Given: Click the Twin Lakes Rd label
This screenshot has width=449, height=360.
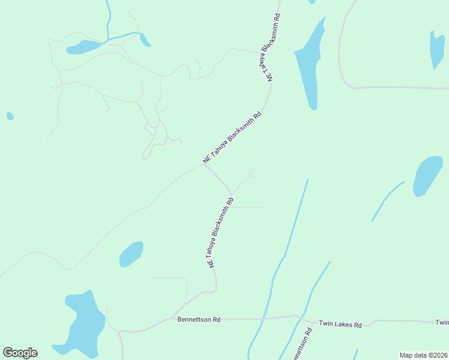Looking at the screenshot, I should pyautogui.click(x=340, y=325).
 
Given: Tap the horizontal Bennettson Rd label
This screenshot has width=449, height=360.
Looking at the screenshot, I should pyautogui.click(x=199, y=320).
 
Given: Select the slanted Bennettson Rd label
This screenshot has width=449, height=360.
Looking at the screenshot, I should pyautogui.click(x=301, y=344).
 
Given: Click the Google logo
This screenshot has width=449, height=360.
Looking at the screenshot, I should pyautogui.click(x=20, y=353).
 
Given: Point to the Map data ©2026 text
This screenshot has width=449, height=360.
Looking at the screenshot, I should pyautogui.click(x=423, y=355).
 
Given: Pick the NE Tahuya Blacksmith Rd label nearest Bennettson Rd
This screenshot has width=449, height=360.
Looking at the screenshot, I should pyautogui.click(x=220, y=233).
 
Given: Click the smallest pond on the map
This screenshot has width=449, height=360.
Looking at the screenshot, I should pyautogui.click(x=10, y=116).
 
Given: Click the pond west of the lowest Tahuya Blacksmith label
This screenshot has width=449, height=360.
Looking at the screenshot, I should pyautogui.click(x=131, y=254).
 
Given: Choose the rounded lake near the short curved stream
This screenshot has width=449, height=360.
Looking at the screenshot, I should pyautogui.click(x=428, y=176).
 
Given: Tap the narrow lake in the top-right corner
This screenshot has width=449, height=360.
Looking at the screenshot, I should pyautogui.click(x=436, y=50).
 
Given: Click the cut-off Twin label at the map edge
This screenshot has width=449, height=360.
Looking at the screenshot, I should pyautogui.click(x=442, y=323).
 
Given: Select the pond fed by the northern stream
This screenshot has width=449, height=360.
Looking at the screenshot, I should pyautogui.click(x=83, y=47).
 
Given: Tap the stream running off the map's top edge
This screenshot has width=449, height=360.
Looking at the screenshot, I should pyautogui.click(x=109, y=18).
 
